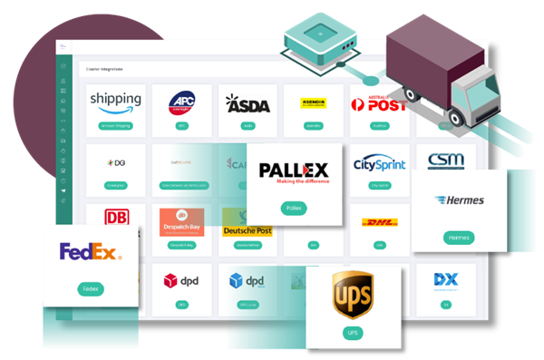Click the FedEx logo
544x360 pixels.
88,252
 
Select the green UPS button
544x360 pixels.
351,334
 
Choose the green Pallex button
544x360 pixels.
294,209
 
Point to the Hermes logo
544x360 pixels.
460,200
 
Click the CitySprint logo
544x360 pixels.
379,163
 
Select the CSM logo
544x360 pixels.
445,161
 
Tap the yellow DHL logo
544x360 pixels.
379,223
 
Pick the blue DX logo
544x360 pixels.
445,279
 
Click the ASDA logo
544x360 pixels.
248,104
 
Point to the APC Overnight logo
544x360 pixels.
181,101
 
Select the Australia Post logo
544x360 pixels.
380,103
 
